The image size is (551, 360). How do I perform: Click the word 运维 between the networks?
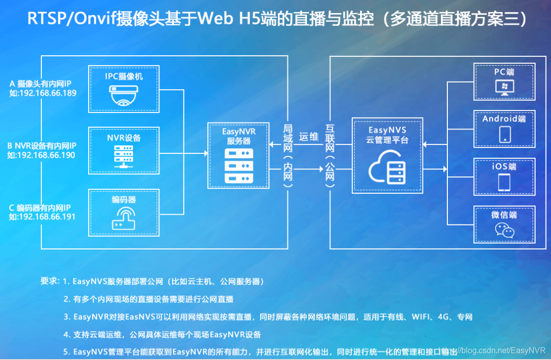(x=309, y=137)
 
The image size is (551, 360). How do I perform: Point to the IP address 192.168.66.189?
(x=47, y=93)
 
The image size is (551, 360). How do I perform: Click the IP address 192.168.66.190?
(x=47, y=155)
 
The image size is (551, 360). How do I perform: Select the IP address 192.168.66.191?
(x=47, y=217)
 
